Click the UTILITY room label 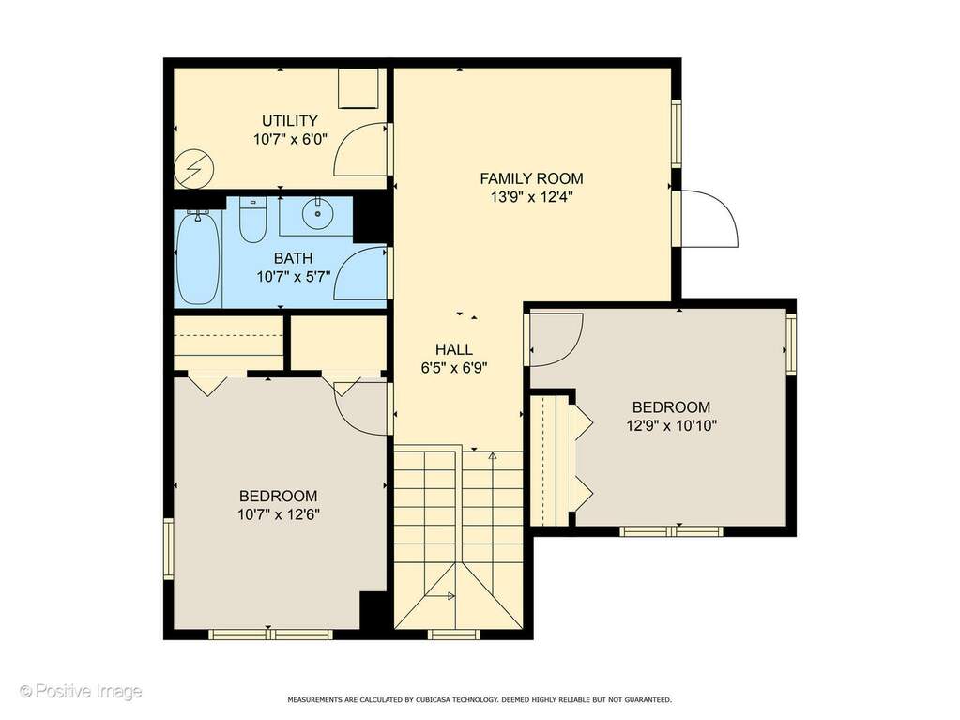point(290,120)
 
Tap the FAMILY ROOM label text point(531,178)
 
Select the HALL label point(453,349)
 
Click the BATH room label point(294,258)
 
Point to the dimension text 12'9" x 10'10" point(671,425)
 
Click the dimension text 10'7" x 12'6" point(280,514)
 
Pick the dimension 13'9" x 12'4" point(531,197)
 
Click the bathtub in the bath point(198,258)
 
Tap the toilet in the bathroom point(252,219)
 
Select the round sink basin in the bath point(317,214)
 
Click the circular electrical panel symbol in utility point(194,170)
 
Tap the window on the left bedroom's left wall point(168,548)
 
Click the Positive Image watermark point(81,692)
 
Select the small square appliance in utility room point(358,88)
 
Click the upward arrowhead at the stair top point(493,455)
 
